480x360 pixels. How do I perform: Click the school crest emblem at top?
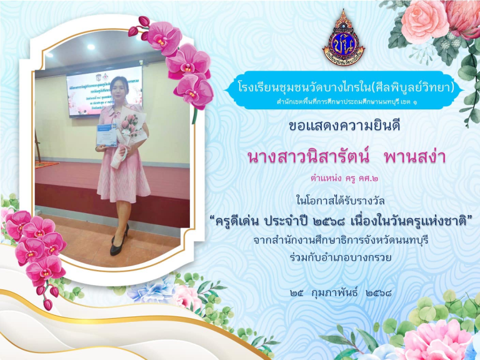point(344,37)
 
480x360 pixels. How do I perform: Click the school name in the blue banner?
point(346,87)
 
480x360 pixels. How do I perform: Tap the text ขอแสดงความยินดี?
point(344,126)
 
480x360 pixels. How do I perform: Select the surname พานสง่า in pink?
point(415,156)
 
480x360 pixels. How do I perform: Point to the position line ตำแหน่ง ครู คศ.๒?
point(344,179)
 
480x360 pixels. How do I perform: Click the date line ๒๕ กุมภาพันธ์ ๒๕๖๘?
point(341,293)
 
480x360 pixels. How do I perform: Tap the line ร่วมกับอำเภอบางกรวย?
point(341,257)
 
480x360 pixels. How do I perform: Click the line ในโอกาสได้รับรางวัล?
point(341,201)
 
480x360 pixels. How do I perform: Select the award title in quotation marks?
point(341,221)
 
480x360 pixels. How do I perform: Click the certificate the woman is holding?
point(106,135)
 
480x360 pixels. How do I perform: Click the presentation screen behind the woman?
point(104,92)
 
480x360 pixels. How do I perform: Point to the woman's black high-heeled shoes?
point(119,240)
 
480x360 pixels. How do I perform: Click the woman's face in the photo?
point(120,89)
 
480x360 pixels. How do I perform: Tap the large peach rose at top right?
point(424,21)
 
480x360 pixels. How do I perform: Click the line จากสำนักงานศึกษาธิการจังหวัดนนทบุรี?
point(341,240)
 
